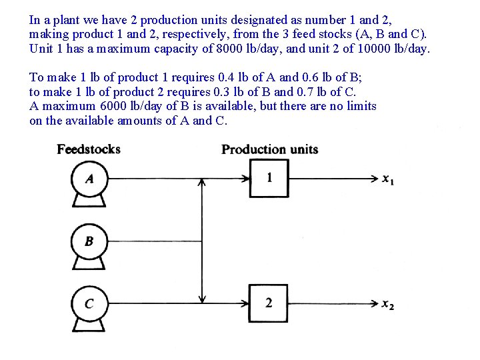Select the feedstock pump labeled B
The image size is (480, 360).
click(x=89, y=241)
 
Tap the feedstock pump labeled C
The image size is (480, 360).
click(x=89, y=304)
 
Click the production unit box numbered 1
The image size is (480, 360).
click(x=269, y=178)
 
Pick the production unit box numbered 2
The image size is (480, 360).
click(x=269, y=303)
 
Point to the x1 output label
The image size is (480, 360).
click(x=388, y=179)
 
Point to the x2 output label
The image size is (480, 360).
click(x=388, y=305)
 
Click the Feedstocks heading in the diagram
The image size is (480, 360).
click(x=89, y=149)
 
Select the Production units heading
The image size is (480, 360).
click(x=269, y=149)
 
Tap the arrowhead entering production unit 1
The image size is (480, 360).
click(x=245, y=179)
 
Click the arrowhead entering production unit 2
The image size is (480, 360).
click(x=245, y=304)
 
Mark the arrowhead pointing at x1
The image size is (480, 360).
click(x=375, y=179)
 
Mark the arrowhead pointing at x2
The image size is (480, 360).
click(x=375, y=304)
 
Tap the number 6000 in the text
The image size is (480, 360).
click(x=113, y=106)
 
